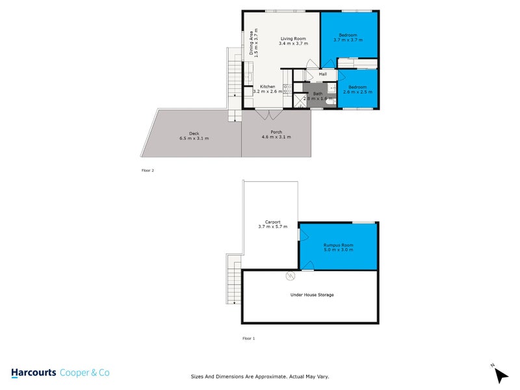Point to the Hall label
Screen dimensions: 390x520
(322, 74)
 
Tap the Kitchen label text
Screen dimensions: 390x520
(268, 86)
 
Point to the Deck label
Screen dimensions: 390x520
(194, 133)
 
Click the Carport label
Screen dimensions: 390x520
(272, 222)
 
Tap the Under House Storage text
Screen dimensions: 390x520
(311, 294)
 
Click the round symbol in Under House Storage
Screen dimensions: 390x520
(289, 276)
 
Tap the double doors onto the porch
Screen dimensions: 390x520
(269, 114)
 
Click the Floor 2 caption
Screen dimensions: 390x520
(148, 170)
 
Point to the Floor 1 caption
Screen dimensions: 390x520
(248, 339)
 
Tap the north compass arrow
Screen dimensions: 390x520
(501, 374)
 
